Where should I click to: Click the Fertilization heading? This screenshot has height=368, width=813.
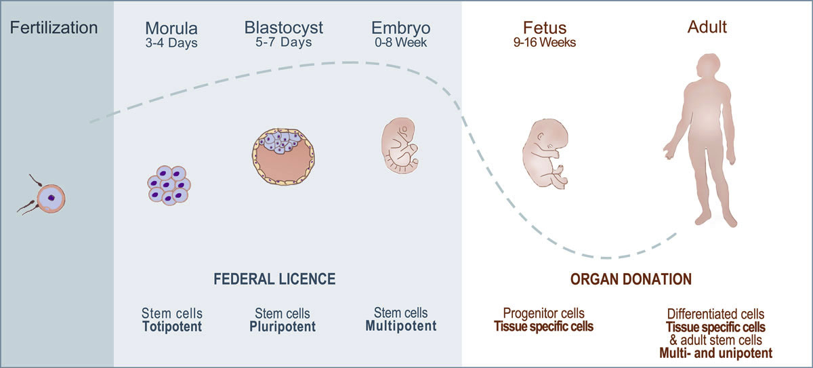[x=54, y=28]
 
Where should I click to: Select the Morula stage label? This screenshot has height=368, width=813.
[x=172, y=29]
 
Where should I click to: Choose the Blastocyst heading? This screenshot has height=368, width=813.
[x=284, y=28]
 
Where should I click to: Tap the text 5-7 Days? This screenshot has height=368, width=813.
[x=284, y=43]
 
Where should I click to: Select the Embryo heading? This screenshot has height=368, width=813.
[x=400, y=29]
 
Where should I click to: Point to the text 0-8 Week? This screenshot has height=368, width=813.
[x=400, y=43]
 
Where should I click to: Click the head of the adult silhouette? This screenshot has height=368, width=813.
[x=706, y=68]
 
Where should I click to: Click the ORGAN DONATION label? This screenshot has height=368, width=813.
[x=631, y=279]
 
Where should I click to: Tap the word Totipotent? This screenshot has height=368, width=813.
[x=172, y=327]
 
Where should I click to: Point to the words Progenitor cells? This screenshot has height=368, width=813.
[x=543, y=314]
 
